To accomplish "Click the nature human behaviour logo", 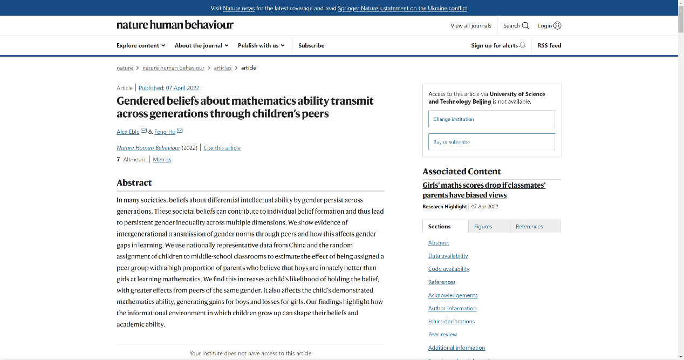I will coord(175,25).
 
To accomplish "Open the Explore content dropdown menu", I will coord(141,45).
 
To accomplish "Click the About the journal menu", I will coord(201,45).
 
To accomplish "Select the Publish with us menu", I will coord(261,45).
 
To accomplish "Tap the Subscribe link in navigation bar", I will coord(311,45).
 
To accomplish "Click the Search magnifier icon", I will coord(525,25).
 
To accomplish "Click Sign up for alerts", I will coord(498,45).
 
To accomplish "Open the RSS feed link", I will coord(549,45).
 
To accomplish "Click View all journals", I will coord(471,25).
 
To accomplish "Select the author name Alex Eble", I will coord(128,132).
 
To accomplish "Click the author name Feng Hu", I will coord(165,132).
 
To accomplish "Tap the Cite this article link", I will coord(222,148).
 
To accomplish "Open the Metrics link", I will coord(162,159).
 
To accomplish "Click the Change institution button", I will coord(491,119).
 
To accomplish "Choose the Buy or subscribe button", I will coord(491,142).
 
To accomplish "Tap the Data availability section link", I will coord(448,256).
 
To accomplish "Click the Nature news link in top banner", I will coord(238,8).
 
